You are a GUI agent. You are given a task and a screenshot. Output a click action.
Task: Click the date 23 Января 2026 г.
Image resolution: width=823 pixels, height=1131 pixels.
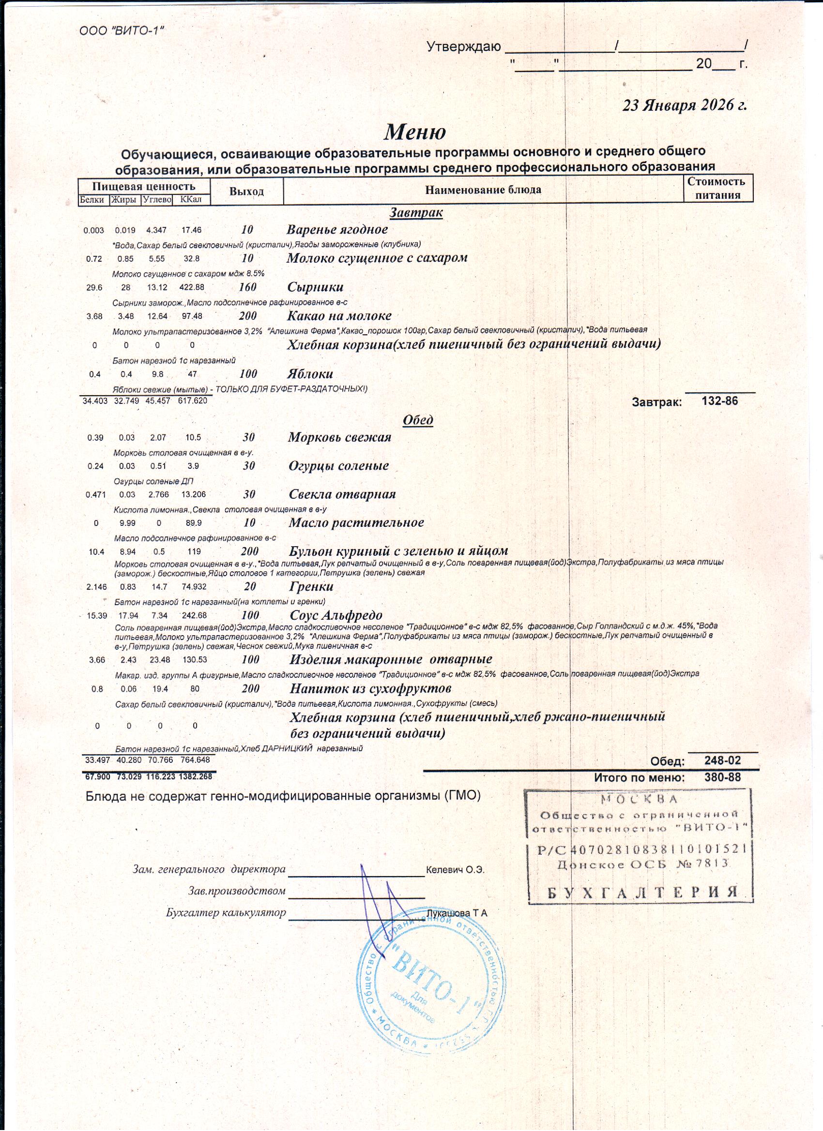pos(685,105)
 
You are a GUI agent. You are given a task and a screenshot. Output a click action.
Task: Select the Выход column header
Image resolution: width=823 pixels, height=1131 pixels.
pos(246,192)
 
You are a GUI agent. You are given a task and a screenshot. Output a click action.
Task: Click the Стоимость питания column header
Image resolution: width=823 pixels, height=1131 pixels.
pos(717,188)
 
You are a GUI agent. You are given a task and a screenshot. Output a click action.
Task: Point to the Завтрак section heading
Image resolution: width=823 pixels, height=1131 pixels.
pos(416,213)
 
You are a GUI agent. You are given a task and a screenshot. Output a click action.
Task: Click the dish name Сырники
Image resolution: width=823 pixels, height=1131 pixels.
pos(316,287)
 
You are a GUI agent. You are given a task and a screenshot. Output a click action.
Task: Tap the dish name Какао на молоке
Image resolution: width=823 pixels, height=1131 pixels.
pos(339,316)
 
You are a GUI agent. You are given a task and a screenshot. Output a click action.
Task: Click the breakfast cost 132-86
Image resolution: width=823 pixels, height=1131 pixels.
pos(719,401)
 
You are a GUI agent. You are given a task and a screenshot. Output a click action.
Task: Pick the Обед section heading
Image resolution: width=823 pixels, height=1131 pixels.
pos(418,420)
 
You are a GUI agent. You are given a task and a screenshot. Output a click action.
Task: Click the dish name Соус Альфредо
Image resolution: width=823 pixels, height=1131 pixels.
pos(336,615)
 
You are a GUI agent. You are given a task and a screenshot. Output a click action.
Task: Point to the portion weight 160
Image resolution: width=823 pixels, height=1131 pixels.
pos(247,287)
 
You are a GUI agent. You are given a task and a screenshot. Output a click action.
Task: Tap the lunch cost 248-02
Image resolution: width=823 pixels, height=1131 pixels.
pos(722,760)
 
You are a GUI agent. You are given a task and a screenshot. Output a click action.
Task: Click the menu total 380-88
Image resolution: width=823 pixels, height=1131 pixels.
pos(722,777)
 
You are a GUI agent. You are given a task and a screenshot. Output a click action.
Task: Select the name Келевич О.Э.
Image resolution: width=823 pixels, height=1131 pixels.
pos(455,870)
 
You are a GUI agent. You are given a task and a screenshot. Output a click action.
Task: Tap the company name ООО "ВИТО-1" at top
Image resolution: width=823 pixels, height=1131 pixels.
pos(122,30)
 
